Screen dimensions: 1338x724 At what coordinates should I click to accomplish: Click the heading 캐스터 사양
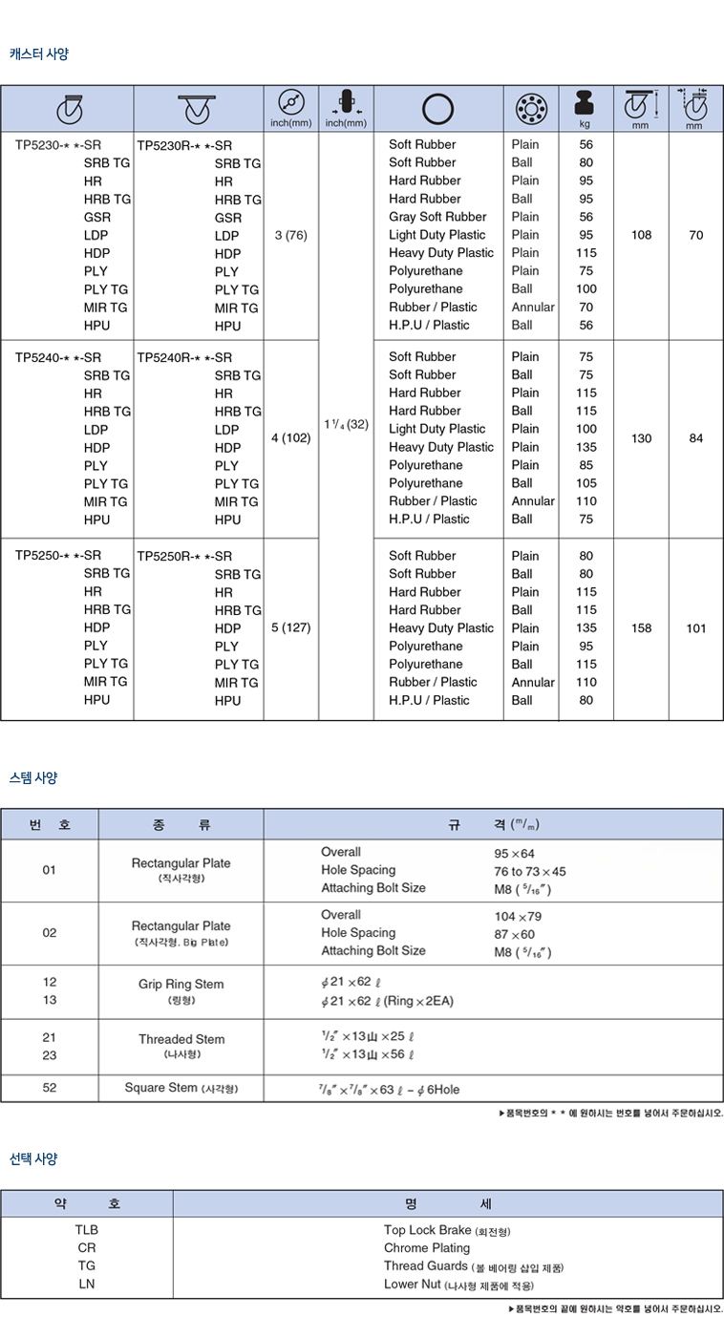(39, 54)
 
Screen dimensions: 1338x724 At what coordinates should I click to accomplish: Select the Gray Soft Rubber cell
(437, 217)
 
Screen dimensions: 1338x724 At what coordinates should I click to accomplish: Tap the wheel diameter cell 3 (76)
(290, 235)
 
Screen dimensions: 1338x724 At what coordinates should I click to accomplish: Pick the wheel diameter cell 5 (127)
(290, 627)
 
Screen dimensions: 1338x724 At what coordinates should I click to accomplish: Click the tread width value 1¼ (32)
(345, 423)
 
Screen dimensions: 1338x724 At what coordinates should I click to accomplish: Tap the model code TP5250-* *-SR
(58, 555)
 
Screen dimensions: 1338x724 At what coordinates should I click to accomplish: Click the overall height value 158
(641, 627)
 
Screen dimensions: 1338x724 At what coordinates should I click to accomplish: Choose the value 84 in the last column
(695, 438)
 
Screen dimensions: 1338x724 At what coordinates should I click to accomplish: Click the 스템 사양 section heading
(33, 777)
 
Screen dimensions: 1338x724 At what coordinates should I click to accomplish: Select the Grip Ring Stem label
(181, 984)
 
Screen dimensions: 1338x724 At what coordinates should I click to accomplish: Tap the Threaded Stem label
(181, 1039)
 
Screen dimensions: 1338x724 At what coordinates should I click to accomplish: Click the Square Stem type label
(181, 1088)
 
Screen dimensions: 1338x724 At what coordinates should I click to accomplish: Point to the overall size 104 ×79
(518, 916)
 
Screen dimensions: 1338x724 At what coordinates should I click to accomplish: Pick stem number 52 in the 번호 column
(50, 1088)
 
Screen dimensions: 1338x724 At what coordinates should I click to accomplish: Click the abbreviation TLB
(87, 1230)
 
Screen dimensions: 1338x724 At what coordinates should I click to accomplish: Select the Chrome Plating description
(427, 1248)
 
